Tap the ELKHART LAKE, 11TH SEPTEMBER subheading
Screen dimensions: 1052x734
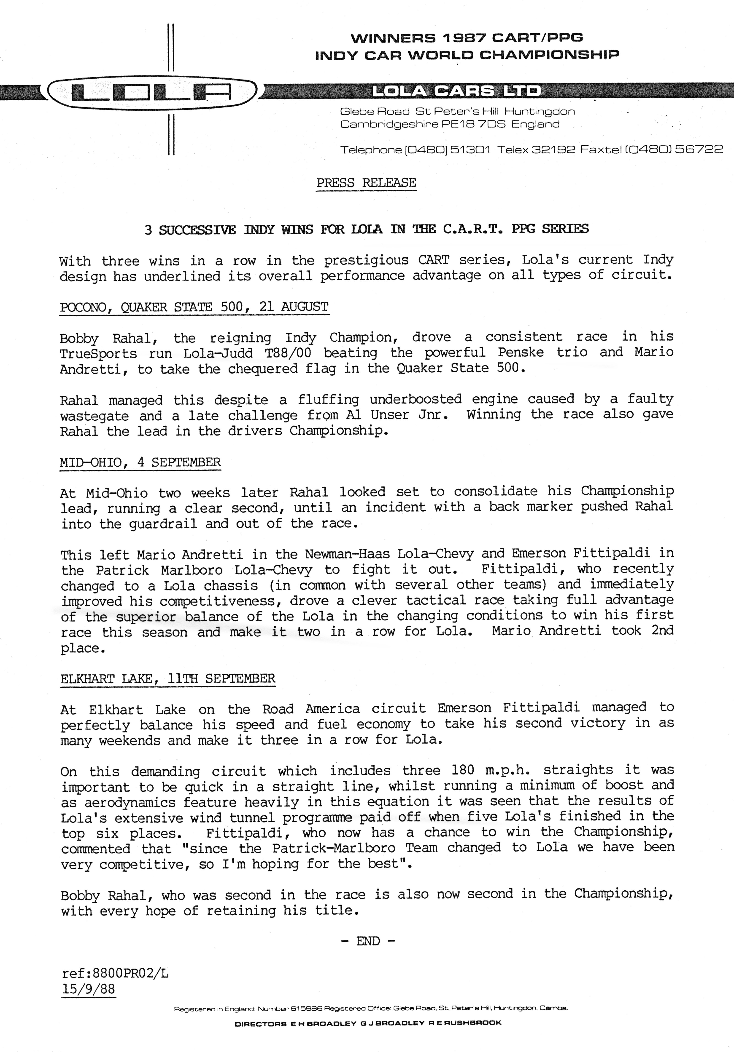[x=168, y=678]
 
